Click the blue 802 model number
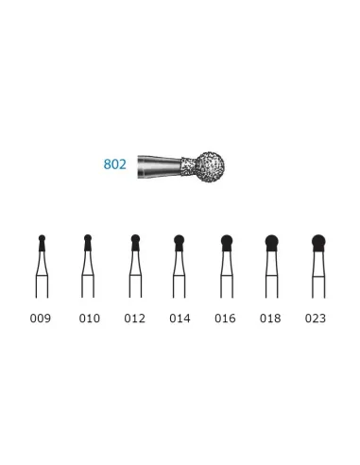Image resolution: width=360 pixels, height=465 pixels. (x=115, y=164)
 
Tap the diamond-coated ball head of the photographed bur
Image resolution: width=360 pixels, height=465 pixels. (x=210, y=167)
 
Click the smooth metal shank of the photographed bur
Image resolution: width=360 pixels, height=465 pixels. (x=160, y=166)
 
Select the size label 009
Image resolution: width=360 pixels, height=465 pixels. (x=41, y=319)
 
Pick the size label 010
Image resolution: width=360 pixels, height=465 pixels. (x=90, y=319)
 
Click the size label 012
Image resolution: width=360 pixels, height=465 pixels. (x=135, y=319)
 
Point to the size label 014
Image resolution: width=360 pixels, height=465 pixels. (x=180, y=319)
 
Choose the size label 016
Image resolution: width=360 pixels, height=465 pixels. (x=225, y=319)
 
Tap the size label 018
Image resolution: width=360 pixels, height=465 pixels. (x=270, y=319)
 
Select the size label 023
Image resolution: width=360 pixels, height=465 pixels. (x=316, y=319)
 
